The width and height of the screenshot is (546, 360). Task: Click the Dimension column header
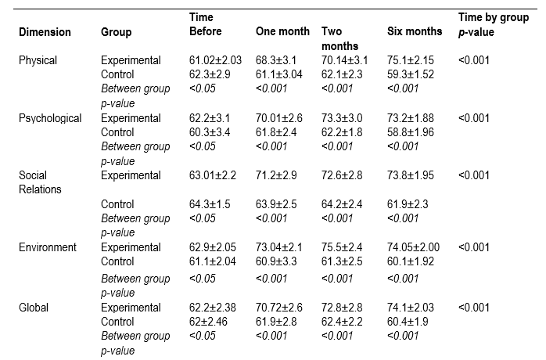pos(45,32)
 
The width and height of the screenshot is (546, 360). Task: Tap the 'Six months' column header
pos(414,32)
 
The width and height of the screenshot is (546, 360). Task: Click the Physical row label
pos(38,60)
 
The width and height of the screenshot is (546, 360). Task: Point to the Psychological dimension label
pos(50,118)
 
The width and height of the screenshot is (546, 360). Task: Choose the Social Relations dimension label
pos(39,182)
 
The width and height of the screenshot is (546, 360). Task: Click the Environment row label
pos(48,247)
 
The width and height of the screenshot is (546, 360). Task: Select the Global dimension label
pos(34,308)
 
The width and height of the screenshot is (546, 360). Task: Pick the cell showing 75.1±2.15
pos(412,60)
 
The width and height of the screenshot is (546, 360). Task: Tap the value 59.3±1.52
pos(412,74)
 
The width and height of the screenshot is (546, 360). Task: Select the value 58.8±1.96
pos(412,132)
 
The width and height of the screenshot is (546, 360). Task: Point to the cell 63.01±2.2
pos(214,175)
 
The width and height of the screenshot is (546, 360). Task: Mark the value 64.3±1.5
pos(211,205)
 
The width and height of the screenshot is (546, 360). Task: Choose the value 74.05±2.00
pos(415,247)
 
